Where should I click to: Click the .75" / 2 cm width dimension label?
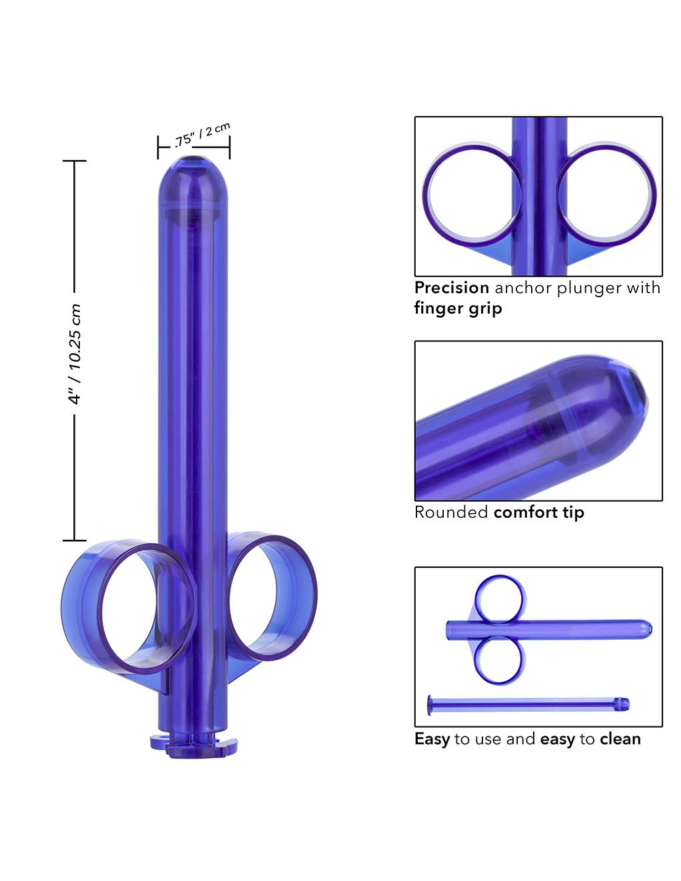pyautogui.click(x=202, y=134)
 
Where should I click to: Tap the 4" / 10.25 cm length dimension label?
pyautogui.click(x=75, y=354)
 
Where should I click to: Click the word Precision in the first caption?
pyautogui.click(x=452, y=288)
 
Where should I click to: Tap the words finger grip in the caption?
pyautogui.click(x=458, y=308)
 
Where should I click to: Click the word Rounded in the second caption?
pyautogui.click(x=451, y=512)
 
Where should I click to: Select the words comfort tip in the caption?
pyautogui.click(x=538, y=512)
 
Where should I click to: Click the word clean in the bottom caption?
pyautogui.click(x=620, y=739)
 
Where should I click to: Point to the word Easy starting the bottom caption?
pyautogui.click(x=432, y=739)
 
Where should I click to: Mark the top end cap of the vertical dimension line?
pyautogui.click(x=75, y=161)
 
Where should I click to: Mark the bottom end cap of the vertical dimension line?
pyautogui.click(x=75, y=540)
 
